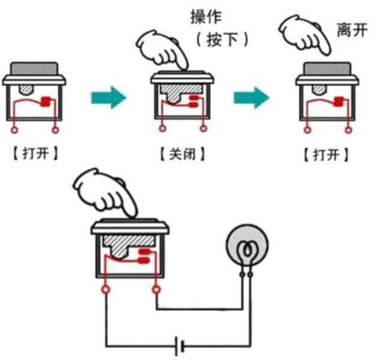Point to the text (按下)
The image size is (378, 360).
click(x=221, y=40)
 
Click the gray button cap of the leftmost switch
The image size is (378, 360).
click(x=35, y=67)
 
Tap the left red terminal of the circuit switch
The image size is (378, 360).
click(x=106, y=290)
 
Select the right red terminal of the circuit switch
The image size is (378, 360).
click(x=156, y=290)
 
